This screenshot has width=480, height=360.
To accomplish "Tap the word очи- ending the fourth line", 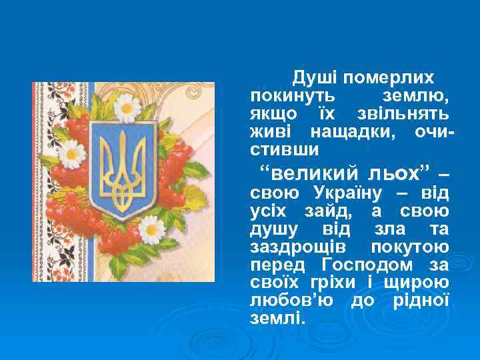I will pos(434,131).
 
